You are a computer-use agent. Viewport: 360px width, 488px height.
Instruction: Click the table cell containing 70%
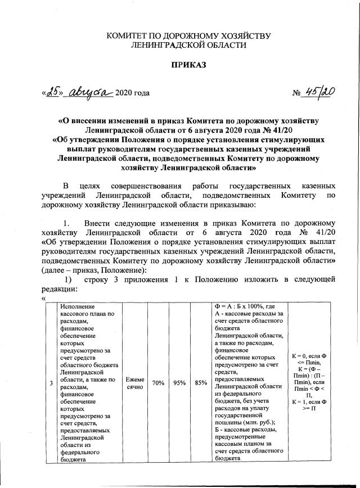[x=158, y=383]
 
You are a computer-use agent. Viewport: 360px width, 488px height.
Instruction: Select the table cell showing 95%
[x=181, y=383]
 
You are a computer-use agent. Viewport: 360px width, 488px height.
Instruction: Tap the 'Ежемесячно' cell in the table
[x=135, y=383]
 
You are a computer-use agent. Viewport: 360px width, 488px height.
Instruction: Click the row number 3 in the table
[x=52, y=383]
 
